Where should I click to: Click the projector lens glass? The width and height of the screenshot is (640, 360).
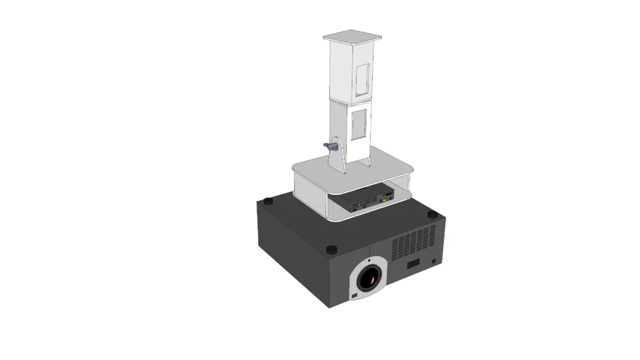coord(369,280)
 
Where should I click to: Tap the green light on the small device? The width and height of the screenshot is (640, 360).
coord(383,200)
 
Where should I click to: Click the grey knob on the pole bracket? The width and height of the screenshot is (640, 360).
coord(328,146)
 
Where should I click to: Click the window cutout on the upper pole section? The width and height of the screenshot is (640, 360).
coord(363,79)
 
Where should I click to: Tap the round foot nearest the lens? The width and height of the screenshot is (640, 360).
coord(332,249)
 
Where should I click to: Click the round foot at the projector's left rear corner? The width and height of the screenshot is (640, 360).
coord(267,202)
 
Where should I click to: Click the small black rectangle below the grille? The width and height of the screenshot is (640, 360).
coord(414,264)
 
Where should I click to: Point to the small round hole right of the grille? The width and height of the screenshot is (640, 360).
coord(433,260)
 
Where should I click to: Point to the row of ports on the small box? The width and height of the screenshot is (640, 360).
coord(361,205)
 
